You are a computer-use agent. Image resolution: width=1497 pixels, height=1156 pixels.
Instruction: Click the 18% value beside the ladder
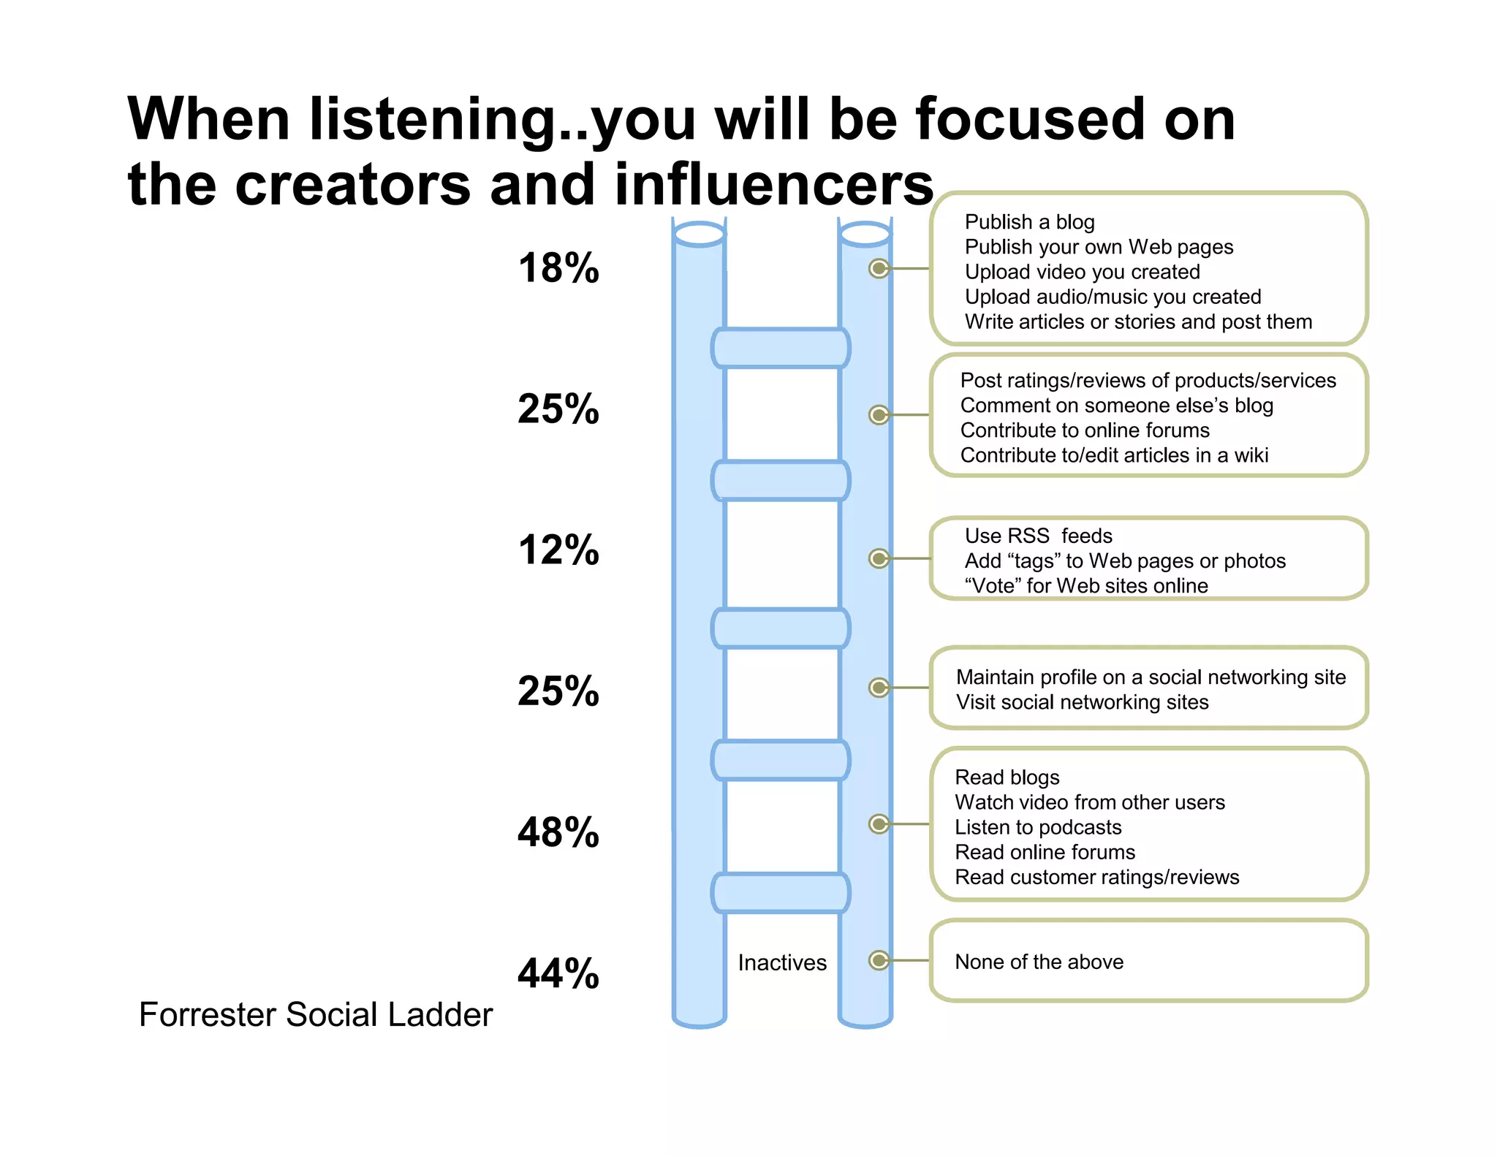558,268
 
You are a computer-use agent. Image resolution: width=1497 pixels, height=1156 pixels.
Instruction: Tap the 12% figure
558,550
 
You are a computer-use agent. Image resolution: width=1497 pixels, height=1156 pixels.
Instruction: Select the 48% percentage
558,832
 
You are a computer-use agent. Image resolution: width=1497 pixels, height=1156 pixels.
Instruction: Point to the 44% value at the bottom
558,973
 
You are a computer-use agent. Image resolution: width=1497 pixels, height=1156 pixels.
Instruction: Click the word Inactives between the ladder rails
782,962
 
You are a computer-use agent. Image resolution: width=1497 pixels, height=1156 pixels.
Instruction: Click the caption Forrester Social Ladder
316,1014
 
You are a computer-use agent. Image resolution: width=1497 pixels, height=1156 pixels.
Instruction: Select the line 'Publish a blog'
1029,221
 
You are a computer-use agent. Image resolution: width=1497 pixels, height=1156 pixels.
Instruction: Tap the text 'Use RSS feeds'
1038,536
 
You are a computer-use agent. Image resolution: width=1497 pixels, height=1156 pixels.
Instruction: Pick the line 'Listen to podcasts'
1038,827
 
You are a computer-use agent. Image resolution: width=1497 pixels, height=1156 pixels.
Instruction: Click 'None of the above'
1039,962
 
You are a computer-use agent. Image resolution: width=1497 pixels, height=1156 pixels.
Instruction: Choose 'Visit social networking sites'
1082,702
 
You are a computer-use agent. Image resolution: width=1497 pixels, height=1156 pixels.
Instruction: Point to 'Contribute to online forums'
1085,430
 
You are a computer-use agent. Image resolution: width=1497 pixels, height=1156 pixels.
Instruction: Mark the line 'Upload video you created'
1082,272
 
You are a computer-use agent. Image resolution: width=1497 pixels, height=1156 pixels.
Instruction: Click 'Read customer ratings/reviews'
1096,877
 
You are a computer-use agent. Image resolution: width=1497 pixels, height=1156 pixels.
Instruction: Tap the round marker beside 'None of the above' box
879,960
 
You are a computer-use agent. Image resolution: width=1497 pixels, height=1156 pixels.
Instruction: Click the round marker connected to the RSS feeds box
879,559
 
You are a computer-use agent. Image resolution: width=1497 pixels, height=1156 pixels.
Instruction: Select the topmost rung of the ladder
781,348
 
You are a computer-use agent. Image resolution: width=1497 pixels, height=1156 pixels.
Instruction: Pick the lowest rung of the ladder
781,893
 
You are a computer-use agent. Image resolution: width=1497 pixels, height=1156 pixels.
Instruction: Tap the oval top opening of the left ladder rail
700,235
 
